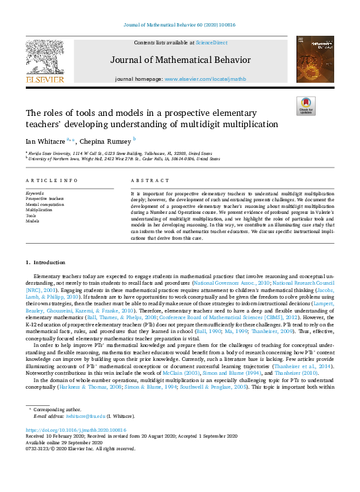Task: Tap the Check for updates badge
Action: pyautogui.click(x=305, y=106)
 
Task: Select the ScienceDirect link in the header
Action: pyautogui.click(x=210, y=42)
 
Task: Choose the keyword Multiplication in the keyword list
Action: pyautogui.click(x=38, y=210)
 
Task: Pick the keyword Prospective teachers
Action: pyautogui.click(x=45, y=198)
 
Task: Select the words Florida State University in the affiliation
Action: pyautogui.click(x=49, y=152)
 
